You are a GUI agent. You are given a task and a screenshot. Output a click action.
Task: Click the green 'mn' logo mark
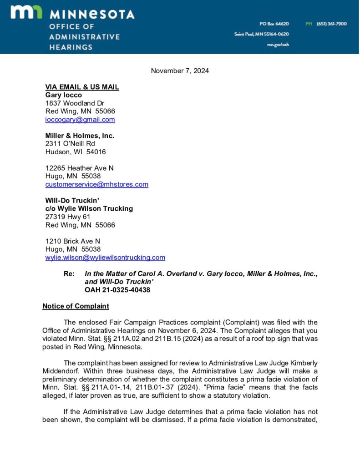click(26, 13)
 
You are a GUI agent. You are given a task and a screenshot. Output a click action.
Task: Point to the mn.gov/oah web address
click(278, 45)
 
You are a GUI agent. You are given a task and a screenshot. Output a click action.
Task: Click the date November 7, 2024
click(180, 71)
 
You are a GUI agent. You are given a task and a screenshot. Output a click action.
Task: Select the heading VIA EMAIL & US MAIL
click(82, 87)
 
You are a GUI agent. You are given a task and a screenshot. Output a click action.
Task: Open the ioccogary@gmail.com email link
click(80, 120)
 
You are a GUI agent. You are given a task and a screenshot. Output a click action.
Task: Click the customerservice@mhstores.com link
click(96, 184)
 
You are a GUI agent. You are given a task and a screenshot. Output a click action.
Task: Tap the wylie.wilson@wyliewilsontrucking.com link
click(105, 258)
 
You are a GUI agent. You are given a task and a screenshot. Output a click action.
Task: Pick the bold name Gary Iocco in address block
click(64, 95)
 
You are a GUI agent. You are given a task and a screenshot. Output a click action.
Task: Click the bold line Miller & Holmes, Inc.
click(80, 136)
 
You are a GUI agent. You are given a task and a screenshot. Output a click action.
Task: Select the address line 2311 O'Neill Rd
click(70, 144)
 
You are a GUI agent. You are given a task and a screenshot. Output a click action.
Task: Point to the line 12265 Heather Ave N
click(79, 168)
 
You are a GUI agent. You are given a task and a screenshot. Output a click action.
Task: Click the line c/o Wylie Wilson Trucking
click(89, 208)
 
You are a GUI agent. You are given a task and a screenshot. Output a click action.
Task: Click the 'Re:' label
click(69, 274)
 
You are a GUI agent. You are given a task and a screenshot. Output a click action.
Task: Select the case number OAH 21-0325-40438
click(117, 290)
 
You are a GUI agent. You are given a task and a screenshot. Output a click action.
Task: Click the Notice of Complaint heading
click(76, 306)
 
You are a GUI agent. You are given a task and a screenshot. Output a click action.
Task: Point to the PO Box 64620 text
click(274, 24)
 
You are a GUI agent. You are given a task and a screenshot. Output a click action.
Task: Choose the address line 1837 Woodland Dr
click(75, 103)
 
